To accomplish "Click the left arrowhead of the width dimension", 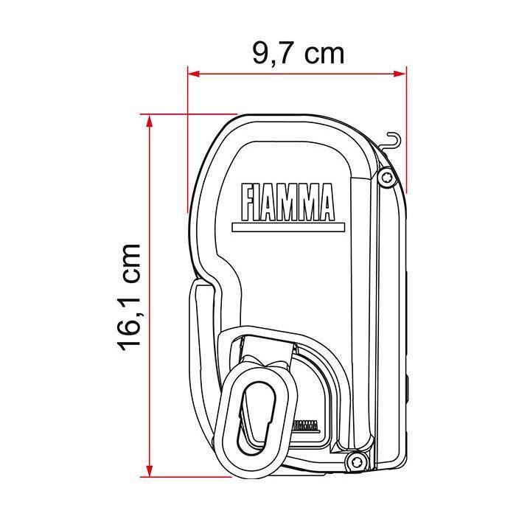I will [x=193, y=72].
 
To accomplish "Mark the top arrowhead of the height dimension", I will [x=150, y=120].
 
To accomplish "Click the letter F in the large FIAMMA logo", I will [x=247, y=202].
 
